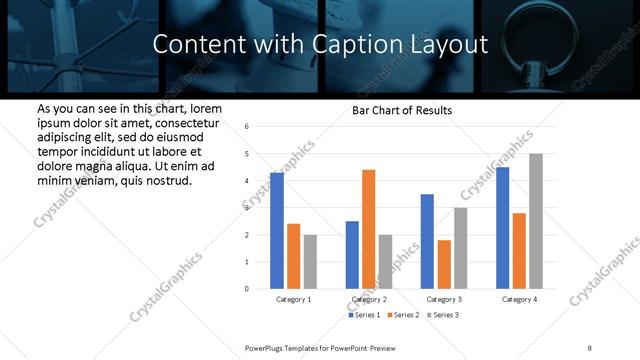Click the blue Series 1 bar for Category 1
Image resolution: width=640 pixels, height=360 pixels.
[x=277, y=231]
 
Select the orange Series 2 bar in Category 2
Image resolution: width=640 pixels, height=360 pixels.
[x=369, y=229]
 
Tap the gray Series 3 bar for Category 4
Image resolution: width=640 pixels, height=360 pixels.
[x=536, y=221]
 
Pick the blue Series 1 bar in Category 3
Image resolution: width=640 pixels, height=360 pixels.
[x=427, y=241]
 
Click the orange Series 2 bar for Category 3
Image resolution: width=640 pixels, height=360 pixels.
[x=444, y=264]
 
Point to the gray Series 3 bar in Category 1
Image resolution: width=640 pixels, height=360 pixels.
[x=310, y=262]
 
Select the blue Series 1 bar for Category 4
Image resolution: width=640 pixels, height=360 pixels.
[x=502, y=228]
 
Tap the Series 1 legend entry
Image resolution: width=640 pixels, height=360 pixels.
[x=365, y=315]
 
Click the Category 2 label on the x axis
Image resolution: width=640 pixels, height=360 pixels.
[x=369, y=299]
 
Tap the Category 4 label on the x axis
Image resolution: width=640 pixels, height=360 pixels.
[x=519, y=299]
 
